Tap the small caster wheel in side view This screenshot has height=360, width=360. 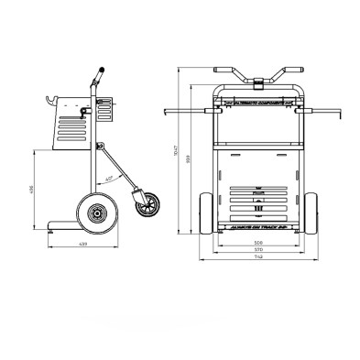coord(144,206)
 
